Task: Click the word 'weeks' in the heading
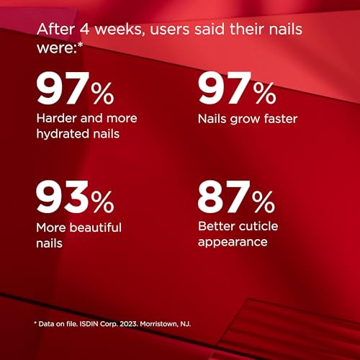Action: tap(120, 30)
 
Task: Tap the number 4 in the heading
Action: tap(84, 30)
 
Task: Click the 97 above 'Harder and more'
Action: tap(60, 88)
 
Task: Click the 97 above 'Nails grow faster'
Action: tap(222, 88)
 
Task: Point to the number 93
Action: tap(61, 197)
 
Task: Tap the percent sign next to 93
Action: tap(103, 202)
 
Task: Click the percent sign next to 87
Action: tap(264, 202)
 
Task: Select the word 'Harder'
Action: tap(57, 118)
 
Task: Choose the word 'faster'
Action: tap(281, 119)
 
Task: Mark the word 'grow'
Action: tap(245, 120)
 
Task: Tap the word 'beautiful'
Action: tap(96, 228)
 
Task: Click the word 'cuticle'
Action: tap(258, 226)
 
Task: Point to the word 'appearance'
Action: tap(233, 243)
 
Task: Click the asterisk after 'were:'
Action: tap(81, 45)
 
